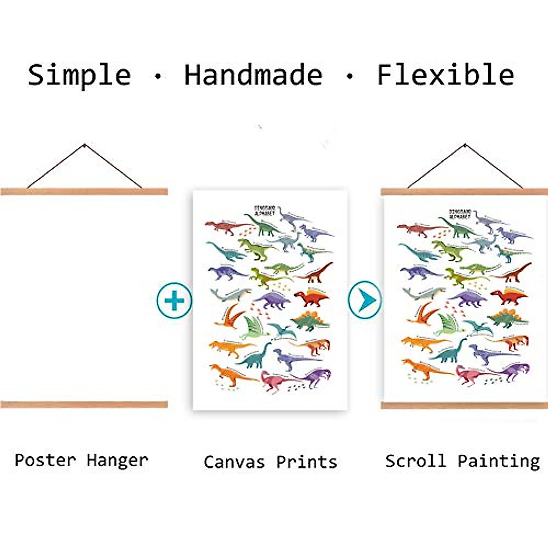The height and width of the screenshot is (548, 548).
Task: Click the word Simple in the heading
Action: click(x=79, y=75)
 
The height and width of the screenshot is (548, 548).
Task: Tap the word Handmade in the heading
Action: click(x=253, y=75)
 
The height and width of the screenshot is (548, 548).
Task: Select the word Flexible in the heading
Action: click(x=445, y=75)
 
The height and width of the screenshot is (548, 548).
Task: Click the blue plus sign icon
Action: click(x=174, y=300)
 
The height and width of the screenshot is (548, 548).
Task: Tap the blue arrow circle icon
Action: click(x=365, y=300)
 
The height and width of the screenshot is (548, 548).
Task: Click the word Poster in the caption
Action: click(x=45, y=460)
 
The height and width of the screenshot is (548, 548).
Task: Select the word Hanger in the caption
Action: click(x=117, y=460)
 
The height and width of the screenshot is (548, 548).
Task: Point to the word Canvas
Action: click(x=234, y=462)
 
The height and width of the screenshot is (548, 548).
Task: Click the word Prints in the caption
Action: click(x=306, y=462)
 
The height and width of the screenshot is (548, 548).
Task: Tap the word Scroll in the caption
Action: click(x=415, y=461)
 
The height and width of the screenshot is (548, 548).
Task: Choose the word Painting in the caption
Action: click(x=499, y=461)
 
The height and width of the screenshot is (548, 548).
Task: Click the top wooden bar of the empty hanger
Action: click(x=84, y=192)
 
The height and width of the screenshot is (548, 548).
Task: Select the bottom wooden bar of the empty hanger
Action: click(x=84, y=404)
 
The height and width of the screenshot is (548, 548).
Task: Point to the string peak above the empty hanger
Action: click(x=84, y=145)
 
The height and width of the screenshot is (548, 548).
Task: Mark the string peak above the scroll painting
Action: click(x=465, y=145)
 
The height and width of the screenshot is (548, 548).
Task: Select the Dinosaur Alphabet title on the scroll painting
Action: click(x=459, y=214)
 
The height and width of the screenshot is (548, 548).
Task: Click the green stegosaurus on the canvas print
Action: click(x=311, y=321)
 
